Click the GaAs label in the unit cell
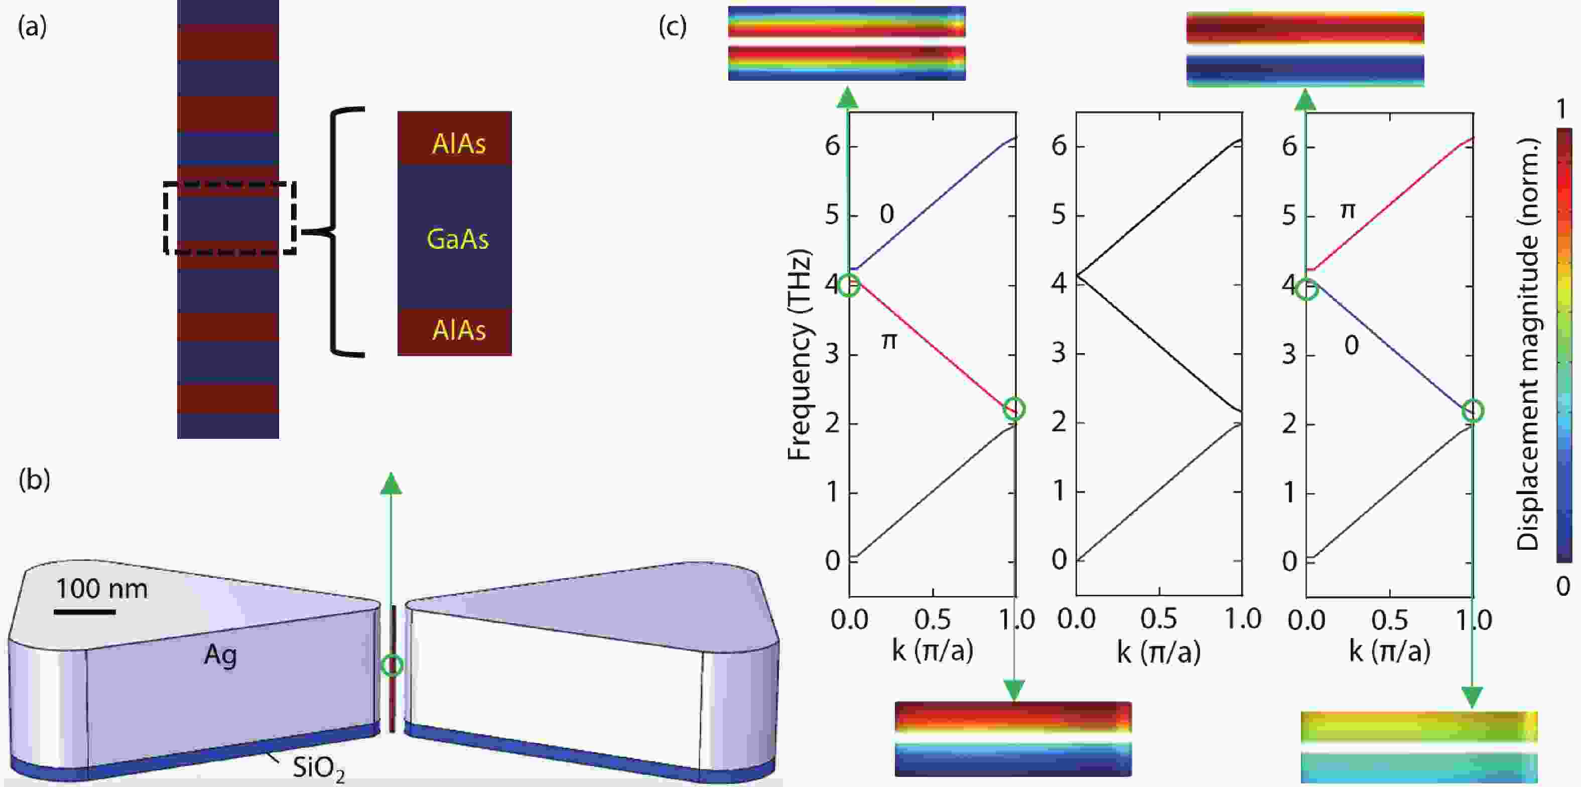457,239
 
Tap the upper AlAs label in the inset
458,143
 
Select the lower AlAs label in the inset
458,330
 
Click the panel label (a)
32,27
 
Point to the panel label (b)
34,479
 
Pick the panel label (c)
672,27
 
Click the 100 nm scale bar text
102,589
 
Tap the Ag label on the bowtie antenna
220,655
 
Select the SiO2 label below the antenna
318,767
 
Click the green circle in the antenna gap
391,665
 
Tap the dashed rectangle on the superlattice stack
230,218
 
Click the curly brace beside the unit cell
334,232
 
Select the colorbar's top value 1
1562,110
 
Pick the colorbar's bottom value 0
1562,586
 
